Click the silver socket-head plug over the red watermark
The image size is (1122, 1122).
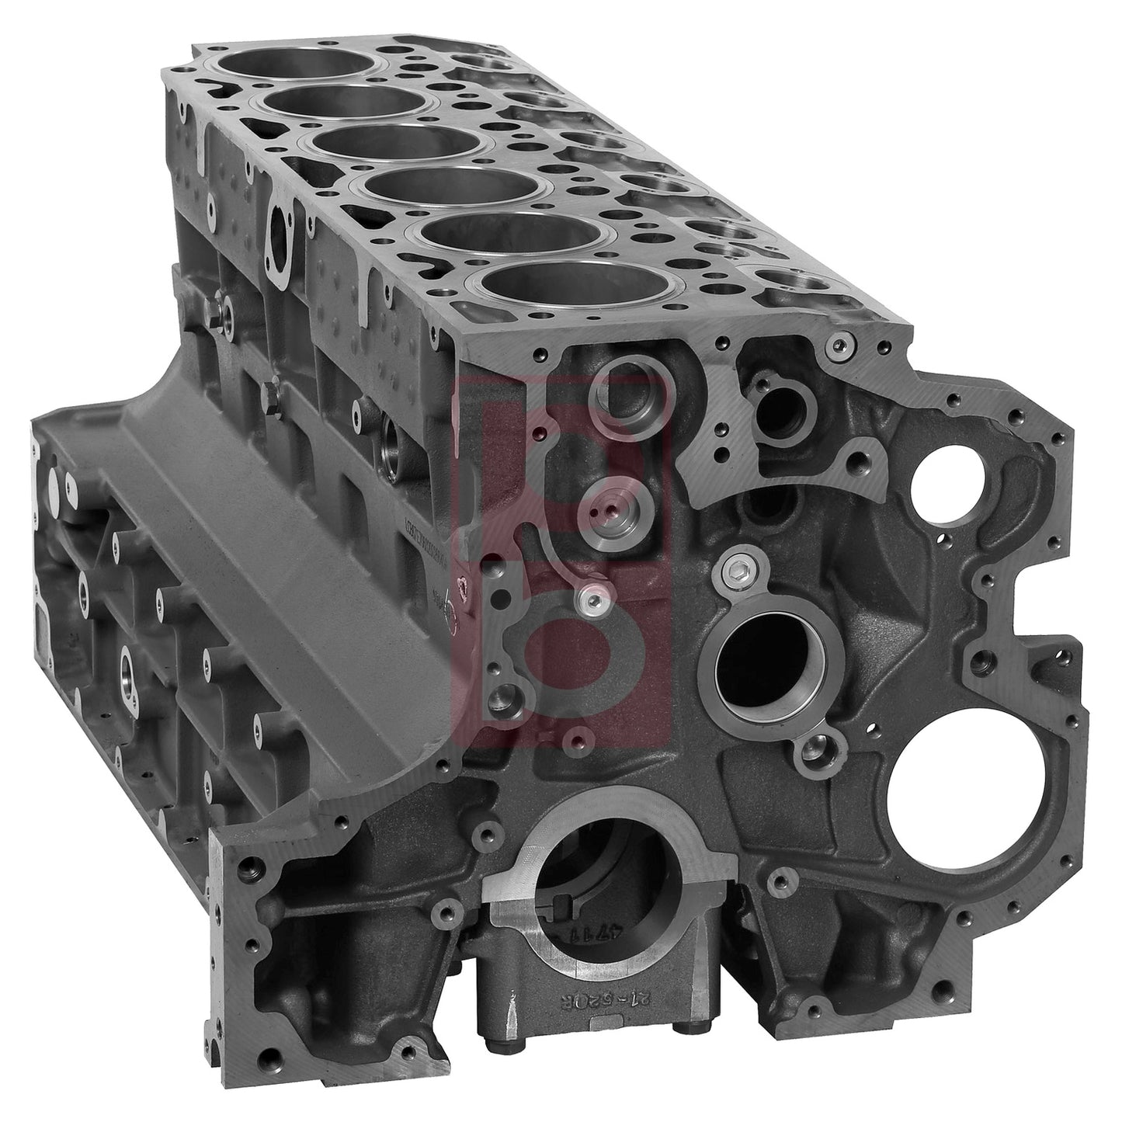[592, 598]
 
